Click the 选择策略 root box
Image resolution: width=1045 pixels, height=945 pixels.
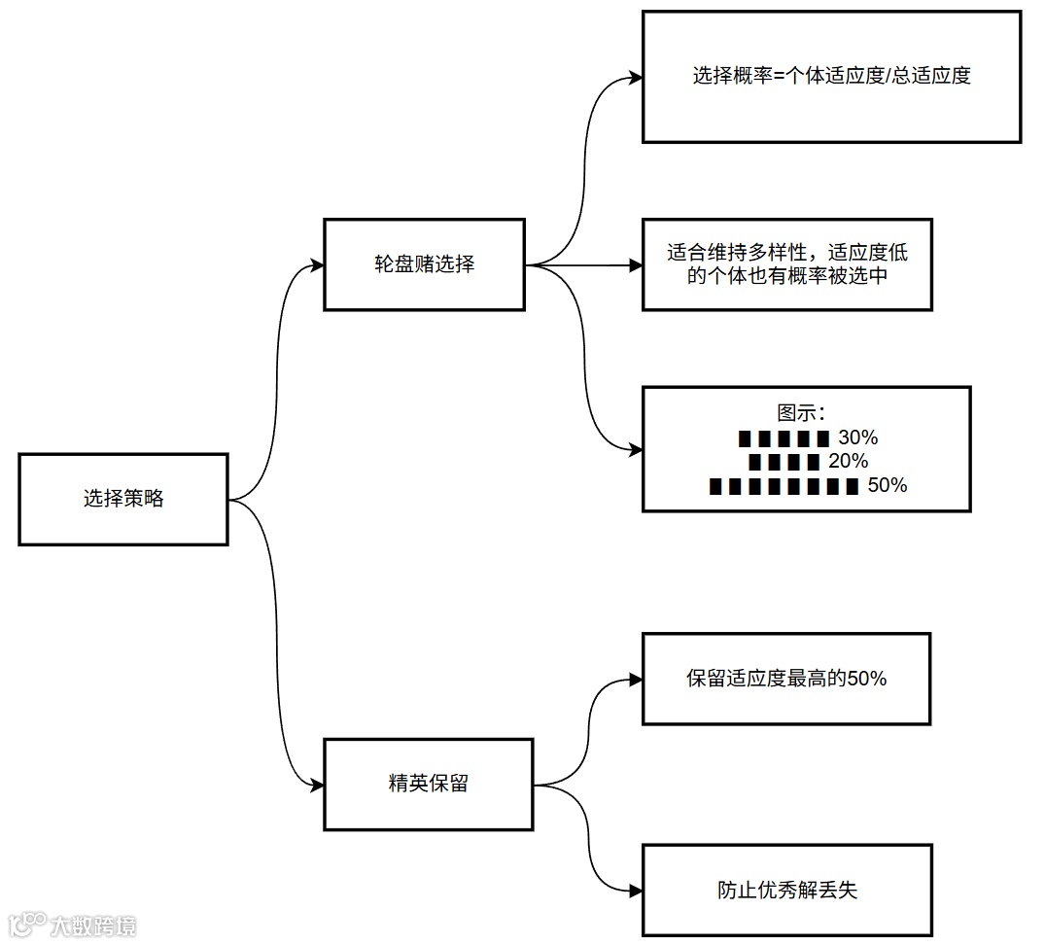(x=123, y=499)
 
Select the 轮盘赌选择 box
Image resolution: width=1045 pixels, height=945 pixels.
(x=424, y=264)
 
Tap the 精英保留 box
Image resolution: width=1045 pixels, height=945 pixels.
(x=428, y=784)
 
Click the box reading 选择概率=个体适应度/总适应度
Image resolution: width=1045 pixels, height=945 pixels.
(x=831, y=76)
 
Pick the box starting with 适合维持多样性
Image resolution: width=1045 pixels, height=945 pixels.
(x=787, y=264)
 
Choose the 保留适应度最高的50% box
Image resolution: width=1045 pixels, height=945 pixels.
(x=786, y=679)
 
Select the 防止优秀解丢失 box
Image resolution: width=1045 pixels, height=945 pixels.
(x=787, y=890)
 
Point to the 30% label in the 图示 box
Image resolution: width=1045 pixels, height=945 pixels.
(x=857, y=437)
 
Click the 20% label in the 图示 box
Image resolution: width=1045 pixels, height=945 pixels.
(x=848, y=461)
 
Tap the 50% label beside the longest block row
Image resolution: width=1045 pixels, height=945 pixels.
(x=887, y=485)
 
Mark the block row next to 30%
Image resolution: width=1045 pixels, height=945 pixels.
(x=784, y=438)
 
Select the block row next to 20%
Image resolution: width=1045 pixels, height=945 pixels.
(x=784, y=462)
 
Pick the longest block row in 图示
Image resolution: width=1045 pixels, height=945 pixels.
(x=784, y=486)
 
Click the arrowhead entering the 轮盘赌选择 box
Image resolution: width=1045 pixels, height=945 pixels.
(x=316, y=264)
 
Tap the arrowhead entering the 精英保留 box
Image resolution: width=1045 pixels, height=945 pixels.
(x=316, y=785)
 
